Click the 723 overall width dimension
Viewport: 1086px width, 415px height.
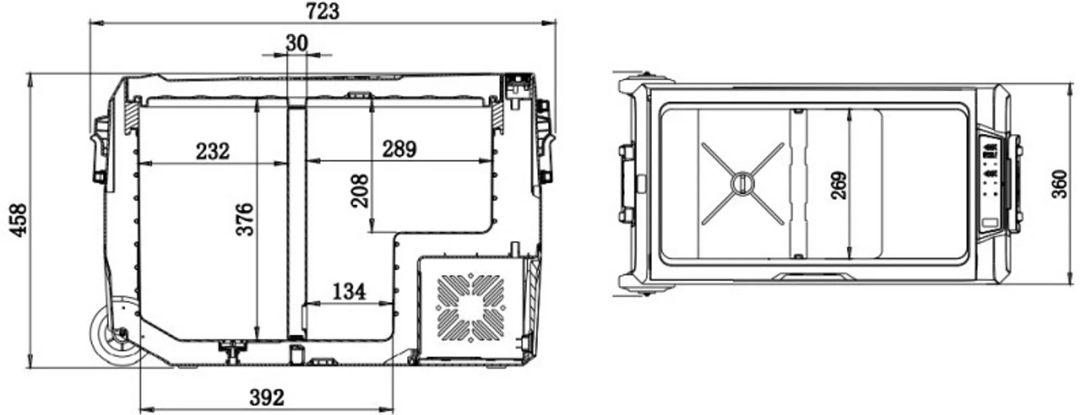click(x=323, y=11)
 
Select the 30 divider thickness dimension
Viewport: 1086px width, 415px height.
click(x=296, y=43)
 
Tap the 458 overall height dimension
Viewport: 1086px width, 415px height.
click(x=18, y=220)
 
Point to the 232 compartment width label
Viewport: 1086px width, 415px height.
click(x=213, y=151)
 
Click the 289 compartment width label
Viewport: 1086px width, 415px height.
click(x=399, y=149)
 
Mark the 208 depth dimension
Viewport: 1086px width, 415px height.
click(x=359, y=191)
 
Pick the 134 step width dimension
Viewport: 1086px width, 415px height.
click(x=349, y=292)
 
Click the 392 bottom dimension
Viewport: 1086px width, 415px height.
click(x=267, y=398)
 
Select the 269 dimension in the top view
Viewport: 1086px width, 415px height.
click(x=838, y=186)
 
